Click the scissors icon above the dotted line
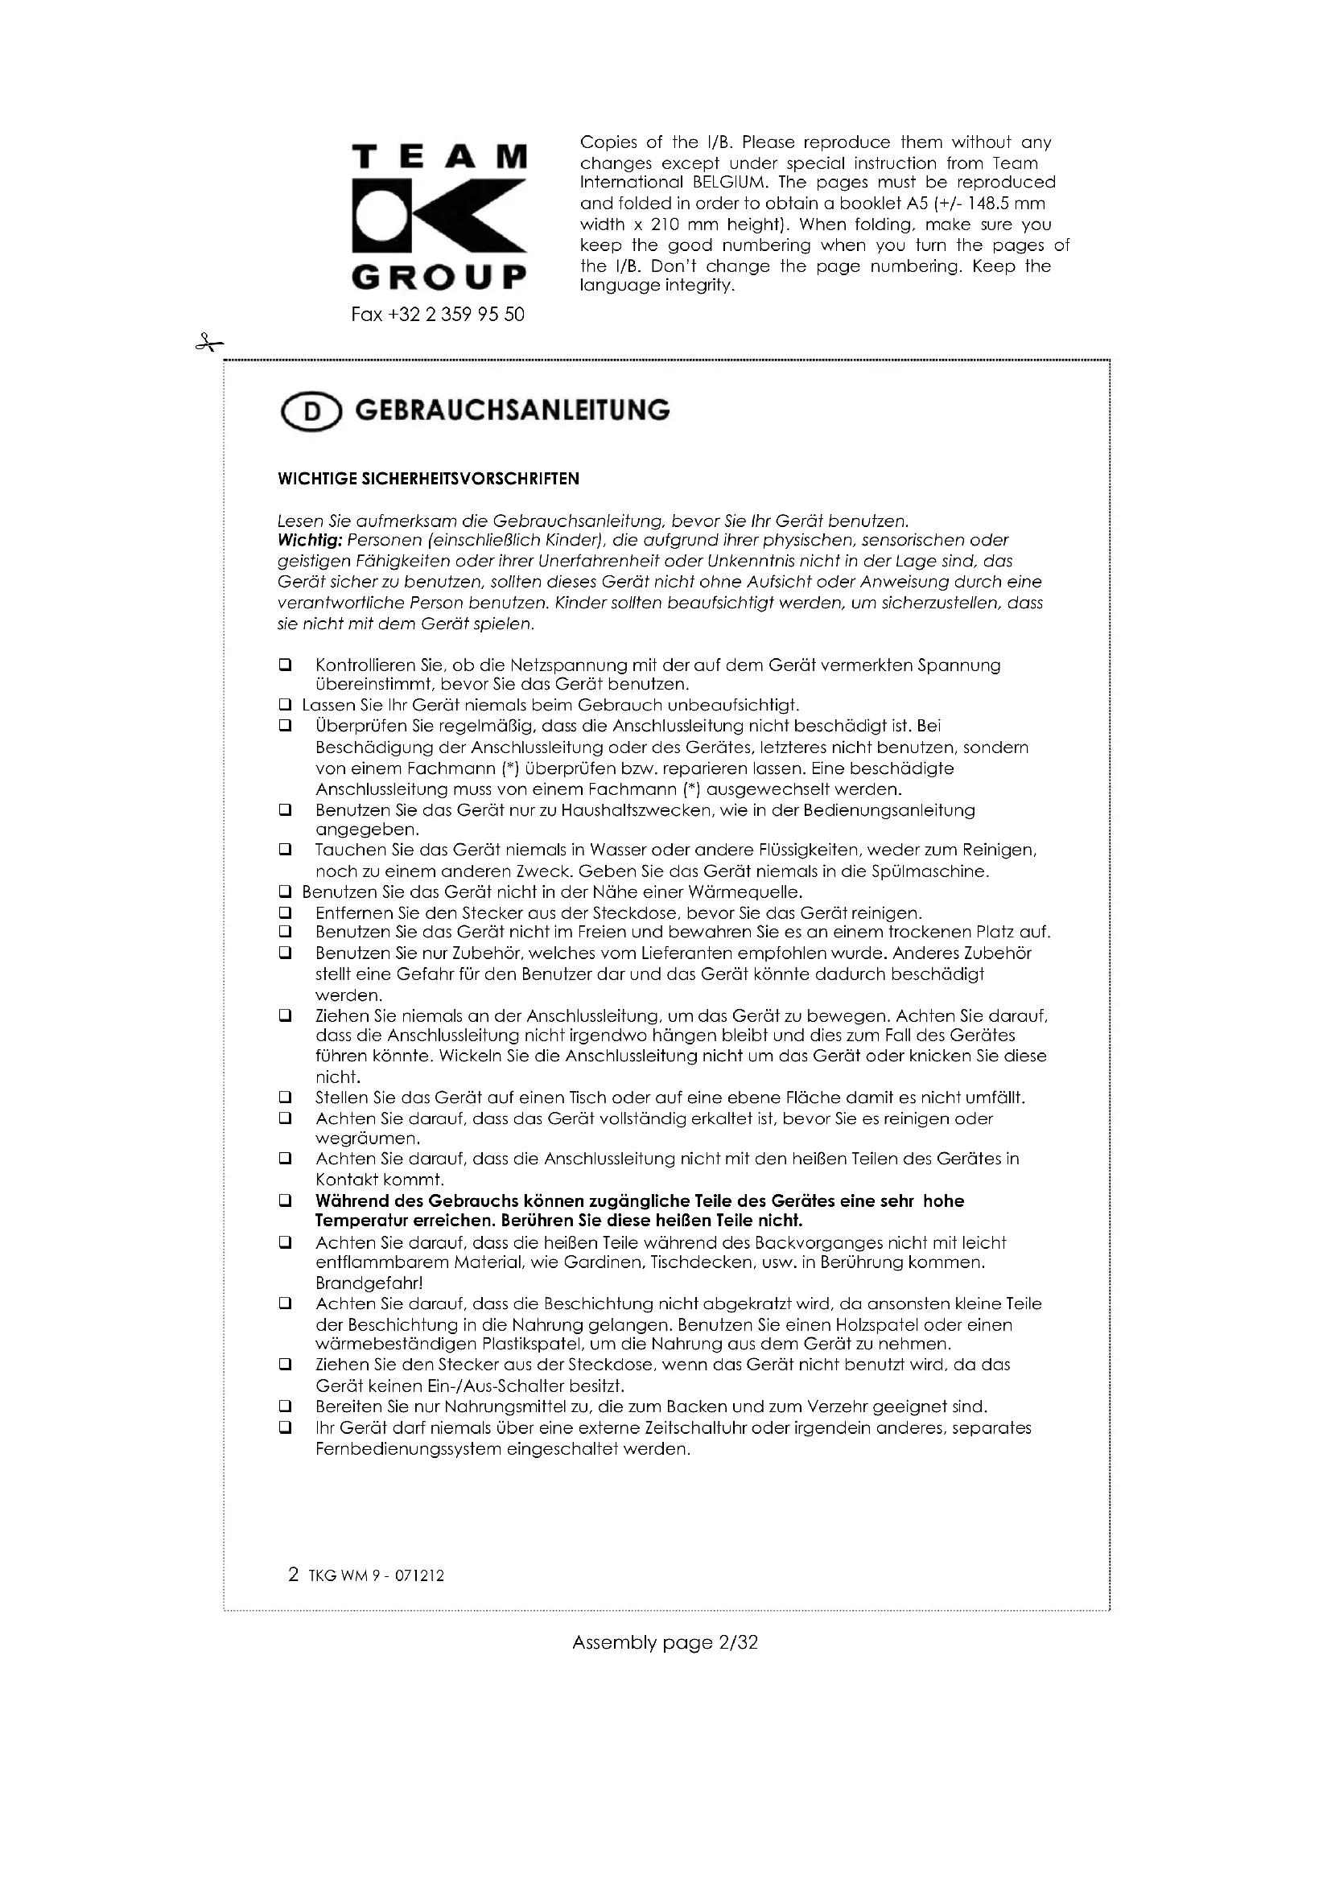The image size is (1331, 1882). [x=208, y=344]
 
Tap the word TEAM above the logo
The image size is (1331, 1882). [x=439, y=157]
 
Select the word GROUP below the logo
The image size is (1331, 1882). [x=439, y=278]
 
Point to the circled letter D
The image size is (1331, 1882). [x=311, y=412]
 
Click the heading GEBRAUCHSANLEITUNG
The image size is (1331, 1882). [x=513, y=410]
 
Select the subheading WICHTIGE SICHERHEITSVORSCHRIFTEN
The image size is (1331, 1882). [x=429, y=480]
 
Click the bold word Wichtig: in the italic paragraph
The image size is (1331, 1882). [x=310, y=541]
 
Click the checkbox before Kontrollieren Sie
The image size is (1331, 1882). [x=285, y=665]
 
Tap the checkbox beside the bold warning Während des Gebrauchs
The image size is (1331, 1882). [x=285, y=1200]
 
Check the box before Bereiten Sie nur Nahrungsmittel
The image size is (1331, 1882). [x=285, y=1406]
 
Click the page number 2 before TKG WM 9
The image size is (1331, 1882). [x=294, y=1574]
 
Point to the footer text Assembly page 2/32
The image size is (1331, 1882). [x=665, y=1643]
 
